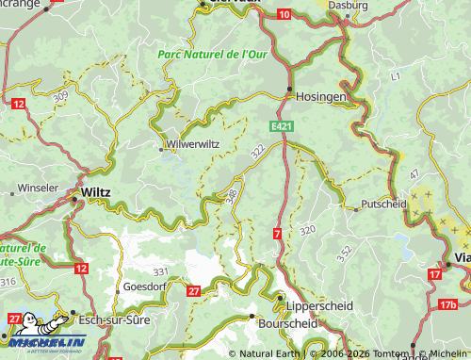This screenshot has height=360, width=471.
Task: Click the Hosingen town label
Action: [321, 97]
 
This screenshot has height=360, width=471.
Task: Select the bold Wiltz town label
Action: [96, 191]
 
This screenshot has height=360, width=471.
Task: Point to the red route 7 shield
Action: [277, 232]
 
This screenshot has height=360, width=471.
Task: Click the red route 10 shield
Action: [285, 15]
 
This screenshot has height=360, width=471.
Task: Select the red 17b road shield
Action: [447, 304]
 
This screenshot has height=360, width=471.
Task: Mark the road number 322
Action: [257, 151]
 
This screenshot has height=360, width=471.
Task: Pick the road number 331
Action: [160, 271]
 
